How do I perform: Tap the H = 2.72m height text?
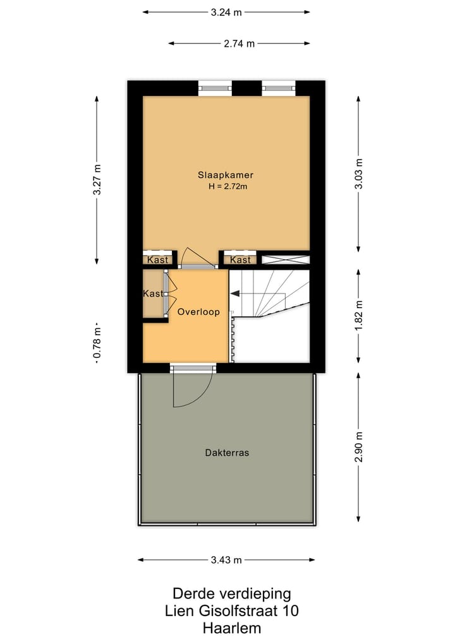[226, 187]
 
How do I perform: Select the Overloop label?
[198, 312]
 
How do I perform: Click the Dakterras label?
[226, 453]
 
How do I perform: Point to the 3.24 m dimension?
[226, 12]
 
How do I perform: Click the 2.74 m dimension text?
[239, 44]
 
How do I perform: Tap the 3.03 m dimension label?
[358, 172]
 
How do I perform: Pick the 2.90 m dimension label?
[358, 447]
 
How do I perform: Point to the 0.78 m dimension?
[97, 346]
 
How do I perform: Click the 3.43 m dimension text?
[226, 560]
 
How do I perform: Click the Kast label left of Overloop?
[152, 294]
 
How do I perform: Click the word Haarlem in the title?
[231, 628]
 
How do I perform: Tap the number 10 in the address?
[291, 611]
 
